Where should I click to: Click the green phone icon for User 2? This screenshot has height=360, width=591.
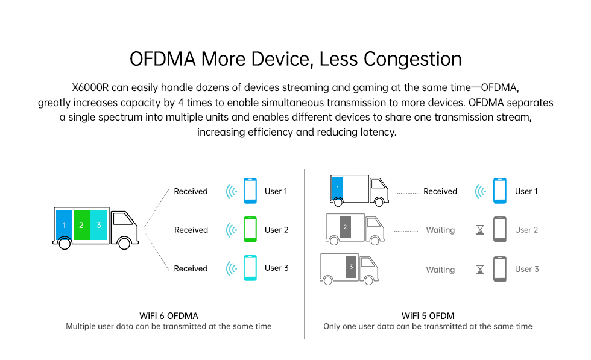(x=250, y=229)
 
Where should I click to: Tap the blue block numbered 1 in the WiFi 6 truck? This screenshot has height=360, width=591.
(x=64, y=225)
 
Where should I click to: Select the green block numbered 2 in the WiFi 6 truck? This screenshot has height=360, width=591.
(x=81, y=225)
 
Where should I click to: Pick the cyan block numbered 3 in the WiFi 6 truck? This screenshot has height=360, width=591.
(x=99, y=225)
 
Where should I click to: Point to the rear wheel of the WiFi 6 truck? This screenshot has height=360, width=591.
(x=65, y=244)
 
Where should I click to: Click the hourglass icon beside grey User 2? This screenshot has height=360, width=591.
(x=480, y=230)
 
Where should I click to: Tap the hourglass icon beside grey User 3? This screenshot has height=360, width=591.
(x=480, y=270)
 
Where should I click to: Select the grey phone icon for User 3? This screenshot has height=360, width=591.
(x=500, y=269)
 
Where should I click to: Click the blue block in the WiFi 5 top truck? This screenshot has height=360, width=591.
(x=338, y=189)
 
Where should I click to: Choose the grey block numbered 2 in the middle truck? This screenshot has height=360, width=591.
(x=345, y=227)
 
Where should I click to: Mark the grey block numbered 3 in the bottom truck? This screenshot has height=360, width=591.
(x=351, y=267)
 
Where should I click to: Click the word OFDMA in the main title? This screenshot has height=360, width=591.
(x=163, y=59)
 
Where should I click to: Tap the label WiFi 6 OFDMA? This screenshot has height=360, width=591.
(x=169, y=316)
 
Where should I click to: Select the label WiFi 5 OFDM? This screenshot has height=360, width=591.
(x=428, y=316)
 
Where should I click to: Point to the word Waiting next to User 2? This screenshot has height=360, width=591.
(x=440, y=230)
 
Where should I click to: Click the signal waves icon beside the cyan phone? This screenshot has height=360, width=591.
(x=232, y=268)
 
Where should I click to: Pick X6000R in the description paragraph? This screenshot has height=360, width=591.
(x=90, y=87)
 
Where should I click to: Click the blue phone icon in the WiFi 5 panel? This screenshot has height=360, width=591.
(x=500, y=191)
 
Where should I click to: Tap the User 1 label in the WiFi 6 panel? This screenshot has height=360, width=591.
(x=276, y=191)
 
